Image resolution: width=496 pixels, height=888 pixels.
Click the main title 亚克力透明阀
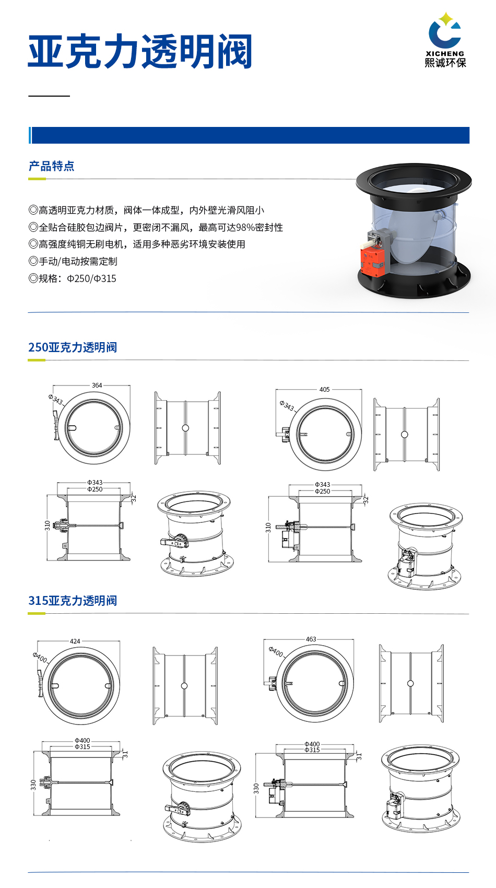(140, 52)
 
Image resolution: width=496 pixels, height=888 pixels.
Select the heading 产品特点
(51, 166)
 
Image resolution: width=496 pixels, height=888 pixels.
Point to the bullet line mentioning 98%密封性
(156, 227)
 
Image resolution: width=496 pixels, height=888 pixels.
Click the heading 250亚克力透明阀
(73, 347)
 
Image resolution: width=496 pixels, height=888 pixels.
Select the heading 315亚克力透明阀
(73, 601)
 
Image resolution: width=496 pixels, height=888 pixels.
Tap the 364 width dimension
(97, 385)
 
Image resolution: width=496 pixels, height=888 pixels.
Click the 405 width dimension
(324, 390)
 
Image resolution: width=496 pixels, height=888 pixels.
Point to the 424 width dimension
(75, 641)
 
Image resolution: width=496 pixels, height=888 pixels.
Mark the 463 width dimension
(311, 639)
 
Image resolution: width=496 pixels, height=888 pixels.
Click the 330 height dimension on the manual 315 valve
(34, 785)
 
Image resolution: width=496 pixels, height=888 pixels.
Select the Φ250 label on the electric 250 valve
(322, 491)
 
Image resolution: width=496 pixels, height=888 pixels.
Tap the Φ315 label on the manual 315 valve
(82, 747)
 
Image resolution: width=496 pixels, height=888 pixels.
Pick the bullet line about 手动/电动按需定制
(73, 261)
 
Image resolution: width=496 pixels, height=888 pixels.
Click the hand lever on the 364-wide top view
(56, 425)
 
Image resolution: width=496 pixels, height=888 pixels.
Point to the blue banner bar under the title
(250, 135)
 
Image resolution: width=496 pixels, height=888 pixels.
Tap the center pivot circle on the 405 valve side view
(404, 435)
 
